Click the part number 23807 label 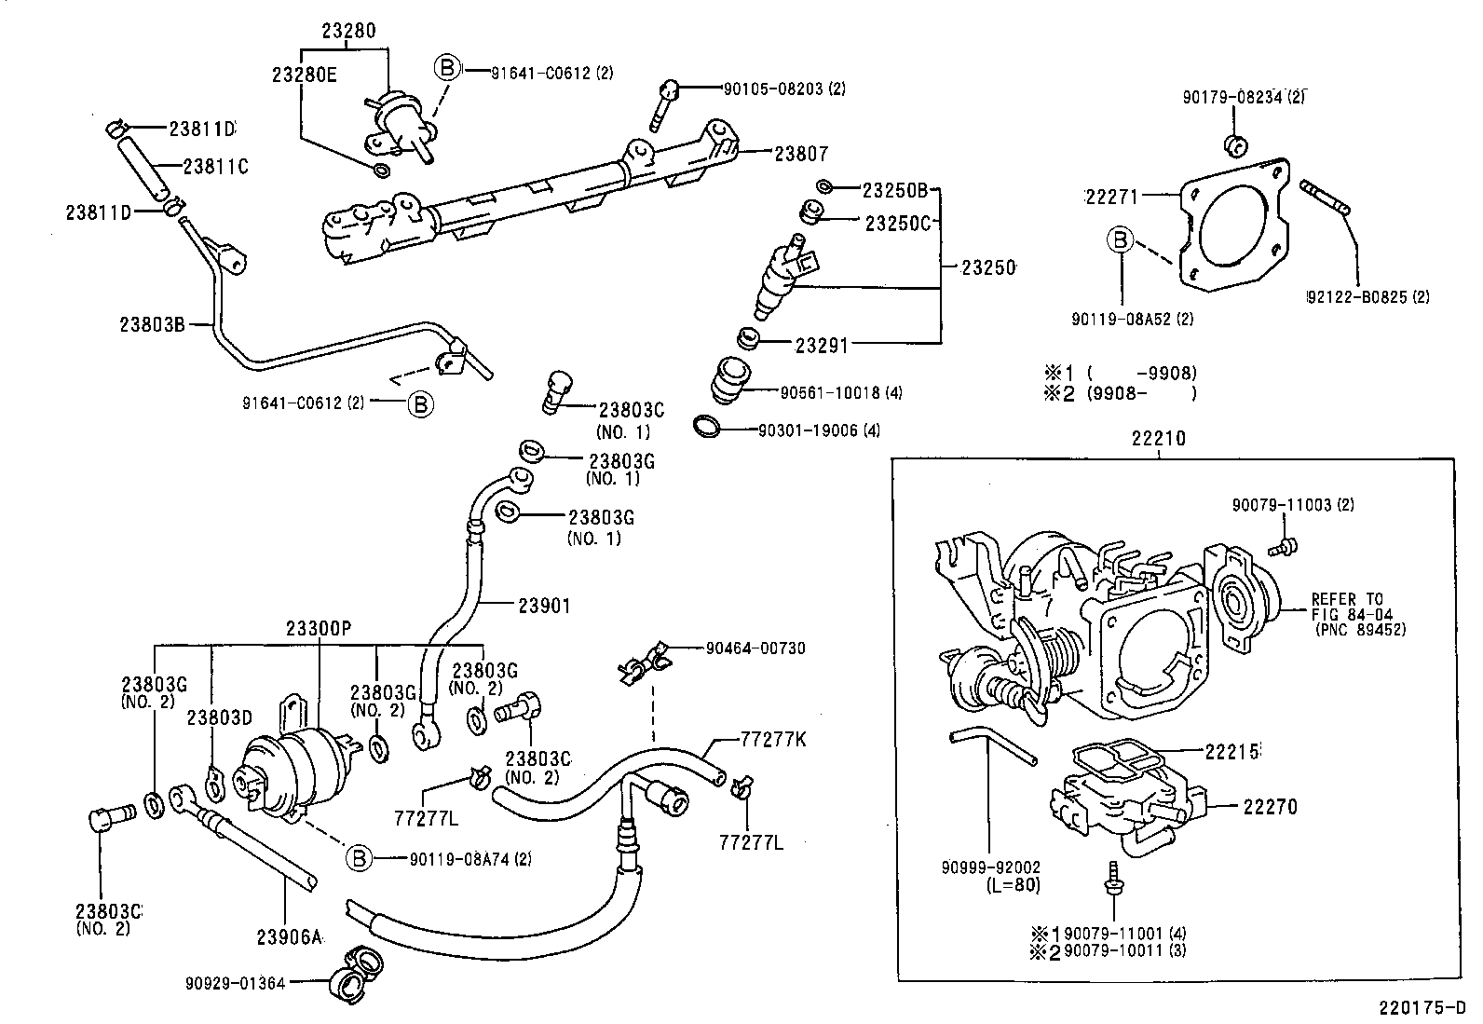click(801, 154)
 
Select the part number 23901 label click(544, 606)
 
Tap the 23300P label click(319, 629)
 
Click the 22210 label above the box click(1159, 438)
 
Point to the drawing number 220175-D click(1423, 1008)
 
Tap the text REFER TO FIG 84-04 click(1347, 607)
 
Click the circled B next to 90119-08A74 click(359, 859)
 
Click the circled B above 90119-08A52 click(1121, 240)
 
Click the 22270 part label click(1270, 807)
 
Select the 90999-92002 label click(989, 867)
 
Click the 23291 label click(822, 346)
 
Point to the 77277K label click(772, 741)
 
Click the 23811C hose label click(216, 167)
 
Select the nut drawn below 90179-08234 click(1235, 144)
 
